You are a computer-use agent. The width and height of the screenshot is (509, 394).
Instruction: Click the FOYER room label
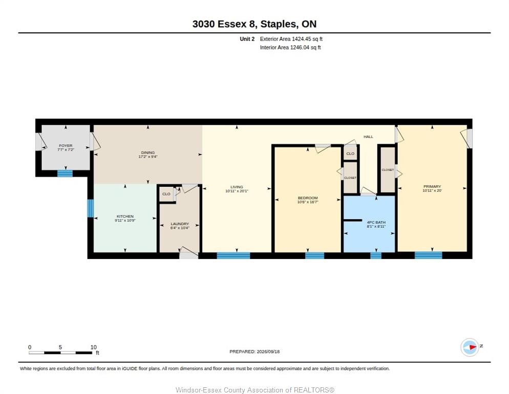[x=66, y=146]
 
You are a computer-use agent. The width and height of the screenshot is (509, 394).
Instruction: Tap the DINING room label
[x=148, y=152]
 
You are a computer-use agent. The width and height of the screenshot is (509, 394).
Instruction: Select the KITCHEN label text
[x=125, y=216]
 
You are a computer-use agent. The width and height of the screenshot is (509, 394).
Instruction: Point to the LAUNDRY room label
[x=180, y=224]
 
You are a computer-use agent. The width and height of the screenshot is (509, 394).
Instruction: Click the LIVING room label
[x=237, y=187]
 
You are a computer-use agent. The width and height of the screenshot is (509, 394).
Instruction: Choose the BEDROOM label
[x=308, y=198]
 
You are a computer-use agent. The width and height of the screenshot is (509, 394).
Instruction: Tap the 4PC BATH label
[x=376, y=222]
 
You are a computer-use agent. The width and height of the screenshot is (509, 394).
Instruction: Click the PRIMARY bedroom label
[x=432, y=186]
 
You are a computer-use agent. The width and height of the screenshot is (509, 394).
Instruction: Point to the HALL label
[x=369, y=136]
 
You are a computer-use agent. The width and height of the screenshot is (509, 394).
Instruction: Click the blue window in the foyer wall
[x=65, y=173]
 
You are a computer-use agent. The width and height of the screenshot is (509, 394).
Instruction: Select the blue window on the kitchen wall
[x=91, y=208]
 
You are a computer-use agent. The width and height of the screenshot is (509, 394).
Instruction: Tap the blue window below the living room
[x=234, y=255]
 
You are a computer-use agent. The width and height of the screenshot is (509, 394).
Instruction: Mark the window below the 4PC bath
[x=376, y=255]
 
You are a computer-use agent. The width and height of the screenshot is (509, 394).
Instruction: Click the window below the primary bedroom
[x=429, y=255]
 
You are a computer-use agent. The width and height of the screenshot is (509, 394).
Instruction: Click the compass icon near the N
[x=470, y=347]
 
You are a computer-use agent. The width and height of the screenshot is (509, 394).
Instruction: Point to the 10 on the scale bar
[x=94, y=347]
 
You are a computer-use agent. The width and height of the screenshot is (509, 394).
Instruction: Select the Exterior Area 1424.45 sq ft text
[x=291, y=39]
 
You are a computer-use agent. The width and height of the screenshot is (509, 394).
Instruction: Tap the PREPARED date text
[x=254, y=351]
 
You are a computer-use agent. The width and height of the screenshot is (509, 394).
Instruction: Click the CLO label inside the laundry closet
[x=166, y=194]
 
